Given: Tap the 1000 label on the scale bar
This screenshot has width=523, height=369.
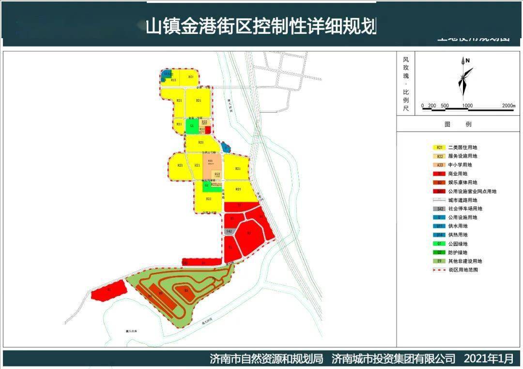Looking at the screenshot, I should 467,105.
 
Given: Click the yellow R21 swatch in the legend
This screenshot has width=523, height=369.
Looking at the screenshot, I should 439,148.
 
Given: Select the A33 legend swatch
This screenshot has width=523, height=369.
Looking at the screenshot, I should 439,165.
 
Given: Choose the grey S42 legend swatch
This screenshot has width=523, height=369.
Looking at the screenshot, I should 439,209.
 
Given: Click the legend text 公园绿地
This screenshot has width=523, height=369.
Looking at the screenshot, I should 458,244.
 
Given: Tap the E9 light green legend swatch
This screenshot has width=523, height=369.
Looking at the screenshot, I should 439,261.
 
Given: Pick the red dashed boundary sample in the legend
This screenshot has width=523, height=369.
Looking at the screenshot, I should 439,270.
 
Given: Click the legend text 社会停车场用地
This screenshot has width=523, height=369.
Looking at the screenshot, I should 465,209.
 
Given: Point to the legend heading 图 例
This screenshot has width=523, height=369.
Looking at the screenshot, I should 458,124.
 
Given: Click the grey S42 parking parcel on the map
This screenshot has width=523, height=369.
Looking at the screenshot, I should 230,232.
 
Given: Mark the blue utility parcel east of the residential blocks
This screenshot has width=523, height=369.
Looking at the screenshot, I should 225,147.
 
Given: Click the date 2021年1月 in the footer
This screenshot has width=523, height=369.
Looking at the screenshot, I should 488,359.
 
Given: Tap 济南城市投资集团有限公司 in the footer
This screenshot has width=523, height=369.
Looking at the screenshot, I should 394,359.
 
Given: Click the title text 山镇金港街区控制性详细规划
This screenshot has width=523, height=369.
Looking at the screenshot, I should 261,27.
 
